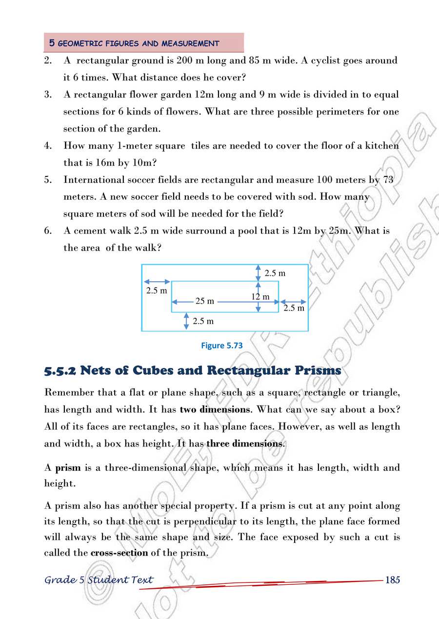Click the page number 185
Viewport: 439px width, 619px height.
tap(393, 580)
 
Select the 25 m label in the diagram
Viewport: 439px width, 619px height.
tap(205, 301)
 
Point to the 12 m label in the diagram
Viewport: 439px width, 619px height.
tap(260, 296)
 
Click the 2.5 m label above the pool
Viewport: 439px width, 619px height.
tap(275, 273)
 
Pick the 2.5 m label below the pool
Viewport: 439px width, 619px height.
tap(203, 321)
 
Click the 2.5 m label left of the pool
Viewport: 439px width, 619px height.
tap(157, 290)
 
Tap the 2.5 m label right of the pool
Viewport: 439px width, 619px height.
tap(294, 308)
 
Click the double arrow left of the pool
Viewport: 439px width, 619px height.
tap(157, 282)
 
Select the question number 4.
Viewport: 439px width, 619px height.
tap(48, 146)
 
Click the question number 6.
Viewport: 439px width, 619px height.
tap(48, 231)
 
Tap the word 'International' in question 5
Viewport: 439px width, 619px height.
tap(91, 179)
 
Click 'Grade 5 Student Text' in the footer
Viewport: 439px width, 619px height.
tap(99, 580)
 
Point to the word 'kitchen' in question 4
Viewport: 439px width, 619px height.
tap(381, 146)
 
